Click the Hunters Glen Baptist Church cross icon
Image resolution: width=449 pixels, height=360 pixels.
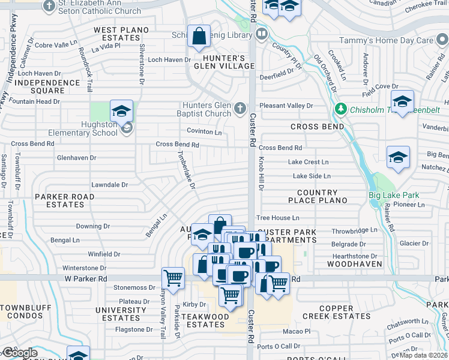click(x=240, y=108)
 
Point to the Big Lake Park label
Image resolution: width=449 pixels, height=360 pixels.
click(x=393, y=195)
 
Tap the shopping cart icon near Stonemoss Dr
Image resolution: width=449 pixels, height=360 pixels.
click(x=173, y=278)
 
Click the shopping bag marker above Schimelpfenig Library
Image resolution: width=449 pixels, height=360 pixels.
click(x=199, y=37)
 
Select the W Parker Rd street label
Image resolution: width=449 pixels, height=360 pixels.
click(x=85, y=279)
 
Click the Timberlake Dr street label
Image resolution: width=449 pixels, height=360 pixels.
click(x=186, y=169)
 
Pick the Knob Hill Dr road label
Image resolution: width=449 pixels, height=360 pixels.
click(x=261, y=174)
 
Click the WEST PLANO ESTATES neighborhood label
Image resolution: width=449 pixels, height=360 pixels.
click(x=116, y=34)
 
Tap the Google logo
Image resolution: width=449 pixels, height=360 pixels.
click(x=20, y=352)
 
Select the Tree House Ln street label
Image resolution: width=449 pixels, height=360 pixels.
click(x=277, y=218)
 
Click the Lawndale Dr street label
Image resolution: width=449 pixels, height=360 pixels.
click(x=109, y=185)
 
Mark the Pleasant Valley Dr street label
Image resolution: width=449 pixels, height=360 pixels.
click(x=286, y=106)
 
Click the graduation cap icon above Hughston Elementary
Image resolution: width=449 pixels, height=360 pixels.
click(x=121, y=111)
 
